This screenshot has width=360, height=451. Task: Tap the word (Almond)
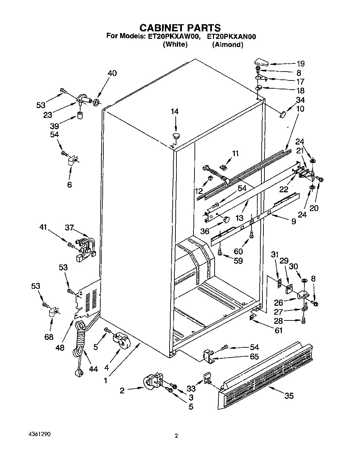tap(227, 45)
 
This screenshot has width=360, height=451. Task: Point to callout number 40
tap(112, 73)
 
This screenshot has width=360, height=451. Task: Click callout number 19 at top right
tap(300, 64)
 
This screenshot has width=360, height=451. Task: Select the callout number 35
tap(289, 395)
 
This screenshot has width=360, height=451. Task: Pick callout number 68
tap(49, 337)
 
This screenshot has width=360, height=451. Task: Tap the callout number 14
tap(174, 111)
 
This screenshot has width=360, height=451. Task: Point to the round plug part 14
tap(176, 136)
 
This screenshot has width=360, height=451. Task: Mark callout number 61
tap(278, 330)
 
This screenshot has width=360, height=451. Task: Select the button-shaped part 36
tap(226, 220)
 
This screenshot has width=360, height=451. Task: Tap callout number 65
tap(254, 357)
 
